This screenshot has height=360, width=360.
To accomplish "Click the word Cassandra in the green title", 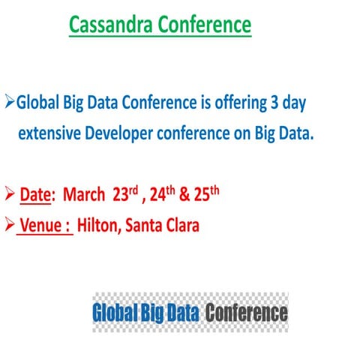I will [x=110, y=25].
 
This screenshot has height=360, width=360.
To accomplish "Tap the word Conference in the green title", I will [x=204, y=25].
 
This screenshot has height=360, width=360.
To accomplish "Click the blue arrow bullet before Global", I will [x=10, y=101].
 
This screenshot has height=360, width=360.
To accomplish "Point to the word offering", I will [x=231, y=102].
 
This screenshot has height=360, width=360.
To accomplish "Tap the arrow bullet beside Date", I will [x=10, y=195].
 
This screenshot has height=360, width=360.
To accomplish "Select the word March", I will [x=83, y=196].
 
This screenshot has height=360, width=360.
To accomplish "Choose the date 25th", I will [x=207, y=194].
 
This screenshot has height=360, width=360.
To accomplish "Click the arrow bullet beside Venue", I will [x=10, y=224].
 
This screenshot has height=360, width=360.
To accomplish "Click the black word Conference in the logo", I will [x=247, y=312].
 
